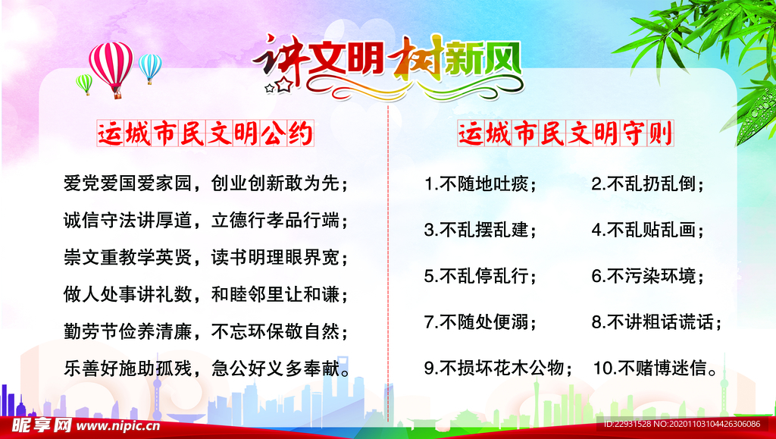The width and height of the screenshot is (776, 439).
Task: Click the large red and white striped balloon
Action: tap(111, 67)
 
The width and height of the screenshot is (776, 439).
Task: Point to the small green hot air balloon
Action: tap(85, 83)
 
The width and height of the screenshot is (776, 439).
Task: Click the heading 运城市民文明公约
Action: tap(205, 133)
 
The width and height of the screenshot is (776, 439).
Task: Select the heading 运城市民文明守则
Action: tap(565, 133)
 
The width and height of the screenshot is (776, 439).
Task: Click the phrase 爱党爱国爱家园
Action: tap(127, 183)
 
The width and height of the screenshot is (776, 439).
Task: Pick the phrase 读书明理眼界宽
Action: tap(275, 257)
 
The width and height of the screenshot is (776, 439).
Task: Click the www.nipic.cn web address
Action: tap(118, 425)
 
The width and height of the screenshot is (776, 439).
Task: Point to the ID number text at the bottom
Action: tap(682, 424)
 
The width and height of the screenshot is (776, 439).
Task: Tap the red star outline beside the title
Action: tap(283, 85)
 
